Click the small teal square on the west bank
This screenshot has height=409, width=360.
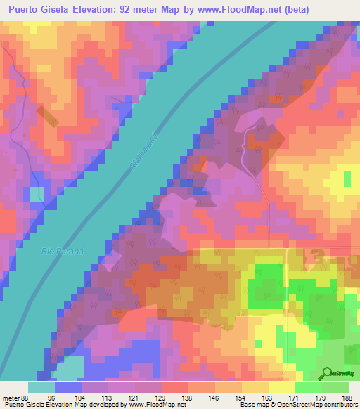pyautogui.click(x=36, y=193)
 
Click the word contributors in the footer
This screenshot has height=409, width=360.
pyautogui.click(x=337, y=405)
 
